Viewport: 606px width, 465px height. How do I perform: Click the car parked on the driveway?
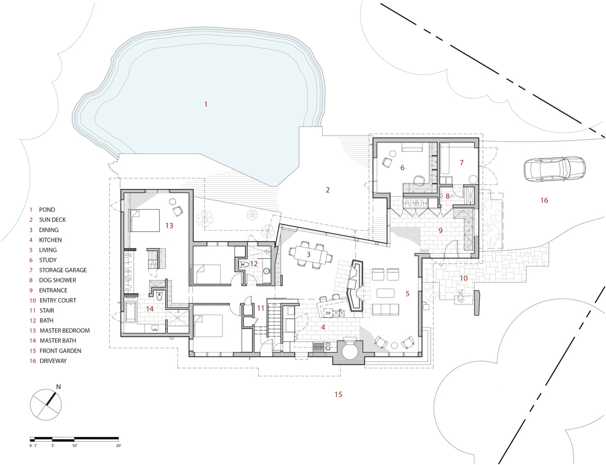pos(554,169)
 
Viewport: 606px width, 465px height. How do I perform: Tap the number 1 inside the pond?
pos(206,104)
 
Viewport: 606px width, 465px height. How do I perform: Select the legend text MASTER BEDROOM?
pos(65,330)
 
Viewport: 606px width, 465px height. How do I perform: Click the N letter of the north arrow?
pos(58,387)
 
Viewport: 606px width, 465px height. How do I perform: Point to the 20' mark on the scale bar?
pos(119,446)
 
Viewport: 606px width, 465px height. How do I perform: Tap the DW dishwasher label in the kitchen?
pos(328,313)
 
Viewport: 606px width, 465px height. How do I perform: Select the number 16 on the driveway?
pos(544,200)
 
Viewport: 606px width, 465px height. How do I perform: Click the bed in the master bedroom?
pos(144,220)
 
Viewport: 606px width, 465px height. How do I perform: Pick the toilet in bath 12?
pos(244,264)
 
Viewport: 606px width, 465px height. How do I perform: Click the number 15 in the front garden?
pos(338,394)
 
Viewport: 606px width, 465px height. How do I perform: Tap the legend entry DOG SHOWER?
pos(58,280)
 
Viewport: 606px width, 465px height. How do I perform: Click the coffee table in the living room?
pos(385,293)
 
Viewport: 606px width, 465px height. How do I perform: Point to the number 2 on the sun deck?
pos(328,190)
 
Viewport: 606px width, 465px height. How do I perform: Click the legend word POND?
pos(47,210)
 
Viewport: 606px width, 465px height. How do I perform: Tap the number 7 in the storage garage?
pos(462,162)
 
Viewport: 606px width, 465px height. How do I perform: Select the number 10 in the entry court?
pos(464,278)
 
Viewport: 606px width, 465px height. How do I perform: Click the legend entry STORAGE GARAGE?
pos(63,270)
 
